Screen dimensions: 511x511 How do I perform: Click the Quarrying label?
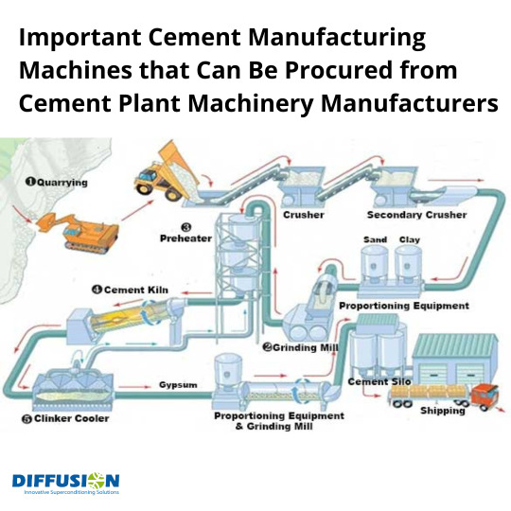click(x=57, y=183)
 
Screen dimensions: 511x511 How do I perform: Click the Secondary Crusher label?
click(x=416, y=215)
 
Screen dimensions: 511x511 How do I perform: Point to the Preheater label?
click(x=185, y=238)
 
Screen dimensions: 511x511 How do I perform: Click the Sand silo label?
click(x=375, y=239)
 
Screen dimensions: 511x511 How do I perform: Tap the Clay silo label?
click(x=410, y=239)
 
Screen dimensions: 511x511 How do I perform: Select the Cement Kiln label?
click(x=130, y=290)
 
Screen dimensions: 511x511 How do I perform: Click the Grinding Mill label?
click(x=301, y=347)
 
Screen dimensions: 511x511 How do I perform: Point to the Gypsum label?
click(x=178, y=385)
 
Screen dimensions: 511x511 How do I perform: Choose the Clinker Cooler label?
click(x=65, y=418)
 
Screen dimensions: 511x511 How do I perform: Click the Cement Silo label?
click(x=379, y=381)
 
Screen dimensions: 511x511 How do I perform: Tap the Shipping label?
click(x=442, y=411)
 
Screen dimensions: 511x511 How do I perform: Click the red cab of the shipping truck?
click(x=485, y=395)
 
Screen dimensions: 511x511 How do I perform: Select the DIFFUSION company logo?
click(x=66, y=484)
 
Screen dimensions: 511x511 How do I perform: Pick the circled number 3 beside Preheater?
click(x=186, y=227)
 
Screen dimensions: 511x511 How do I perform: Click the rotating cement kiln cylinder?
click(x=129, y=316)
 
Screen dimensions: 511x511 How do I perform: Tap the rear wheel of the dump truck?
click(x=172, y=194)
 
